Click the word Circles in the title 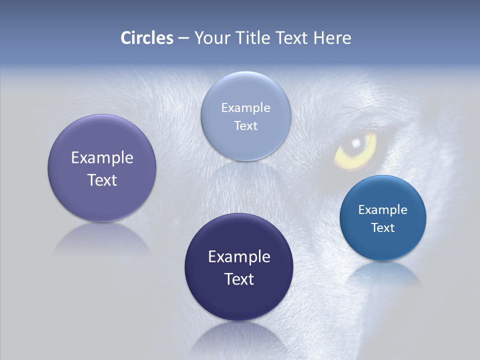point(147,38)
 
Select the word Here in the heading point(332,38)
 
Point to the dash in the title point(183,38)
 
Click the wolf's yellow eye point(355,150)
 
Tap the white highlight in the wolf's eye point(356,143)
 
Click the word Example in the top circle point(246,107)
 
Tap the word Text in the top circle point(246,125)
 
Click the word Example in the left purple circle point(102,158)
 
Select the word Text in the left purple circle point(102,180)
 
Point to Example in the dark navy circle point(239,257)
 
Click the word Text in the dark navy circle point(239,279)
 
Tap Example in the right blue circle point(383,209)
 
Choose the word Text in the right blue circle point(383,227)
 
